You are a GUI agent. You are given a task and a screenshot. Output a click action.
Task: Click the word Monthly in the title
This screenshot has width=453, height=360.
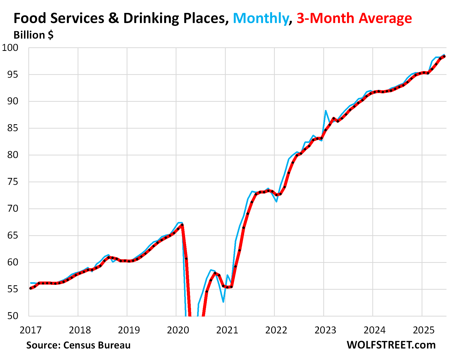[x=260, y=18]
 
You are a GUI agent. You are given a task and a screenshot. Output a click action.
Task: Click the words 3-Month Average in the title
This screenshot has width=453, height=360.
[x=354, y=18]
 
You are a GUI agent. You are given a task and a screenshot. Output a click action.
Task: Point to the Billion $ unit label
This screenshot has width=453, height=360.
[x=33, y=35]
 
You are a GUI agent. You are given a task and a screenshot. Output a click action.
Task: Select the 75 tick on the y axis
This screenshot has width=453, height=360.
[x=13, y=182]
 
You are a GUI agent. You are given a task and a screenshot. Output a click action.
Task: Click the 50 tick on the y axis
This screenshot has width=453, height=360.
[x=13, y=316]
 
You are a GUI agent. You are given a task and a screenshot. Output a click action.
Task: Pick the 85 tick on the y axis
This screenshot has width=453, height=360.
[x=13, y=128]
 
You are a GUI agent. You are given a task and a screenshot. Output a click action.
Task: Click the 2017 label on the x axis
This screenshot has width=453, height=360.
[x=31, y=330]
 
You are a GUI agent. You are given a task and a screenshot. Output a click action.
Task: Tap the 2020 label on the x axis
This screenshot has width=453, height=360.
[x=178, y=330]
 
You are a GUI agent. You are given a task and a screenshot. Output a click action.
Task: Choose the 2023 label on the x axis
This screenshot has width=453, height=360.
[x=325, y=330]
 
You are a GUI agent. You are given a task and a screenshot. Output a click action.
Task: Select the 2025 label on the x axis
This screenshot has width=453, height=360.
[x=424, y=330]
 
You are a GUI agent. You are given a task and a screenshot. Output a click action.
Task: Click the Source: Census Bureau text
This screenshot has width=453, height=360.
[x=78, y=345]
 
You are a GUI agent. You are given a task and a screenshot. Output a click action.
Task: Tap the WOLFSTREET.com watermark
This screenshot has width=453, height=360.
[x=391, y=345]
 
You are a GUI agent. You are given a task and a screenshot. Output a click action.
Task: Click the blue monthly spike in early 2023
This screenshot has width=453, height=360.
[x=326, y=111]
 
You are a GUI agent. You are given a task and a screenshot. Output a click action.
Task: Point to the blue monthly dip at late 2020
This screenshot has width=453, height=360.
[x=223, y=302]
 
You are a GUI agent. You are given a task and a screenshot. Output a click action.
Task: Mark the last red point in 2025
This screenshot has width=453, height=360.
[x=444, y=57]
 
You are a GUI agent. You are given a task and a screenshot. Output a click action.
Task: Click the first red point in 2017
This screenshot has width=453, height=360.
[x=31, y=288]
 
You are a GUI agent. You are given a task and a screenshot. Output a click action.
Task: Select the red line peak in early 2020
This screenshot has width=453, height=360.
[x=182, y=225]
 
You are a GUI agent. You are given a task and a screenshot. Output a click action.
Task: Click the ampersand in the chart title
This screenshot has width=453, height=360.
[x=114, y=18]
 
